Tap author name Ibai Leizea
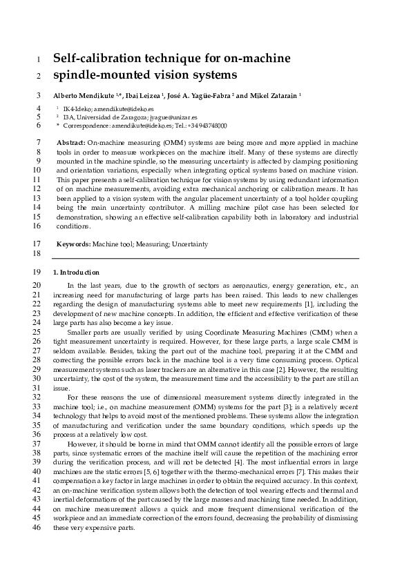pyautogui.click(x=147, y=95)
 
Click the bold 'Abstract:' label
pyautogui.click(x=70, y=141)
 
